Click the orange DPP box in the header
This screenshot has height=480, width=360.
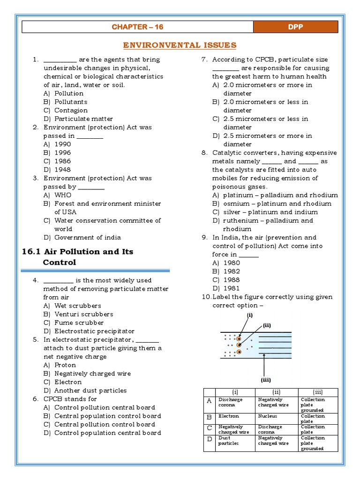[295, 27]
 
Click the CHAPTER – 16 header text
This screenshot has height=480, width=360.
[137, 27]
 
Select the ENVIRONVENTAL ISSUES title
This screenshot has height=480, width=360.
[180, 45]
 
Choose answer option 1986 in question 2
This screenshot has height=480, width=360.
[62, 161]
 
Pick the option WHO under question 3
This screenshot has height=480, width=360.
[63, 195]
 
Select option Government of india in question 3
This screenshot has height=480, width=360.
[87, 237]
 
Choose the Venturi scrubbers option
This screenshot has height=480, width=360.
[83, 314]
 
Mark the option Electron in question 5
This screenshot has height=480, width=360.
[68, 382]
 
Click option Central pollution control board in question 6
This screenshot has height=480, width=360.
[105, 424]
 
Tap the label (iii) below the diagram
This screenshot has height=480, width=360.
[265, 380]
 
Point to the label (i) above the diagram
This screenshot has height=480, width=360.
[250, 315]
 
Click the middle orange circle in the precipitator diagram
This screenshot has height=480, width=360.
[239, 345]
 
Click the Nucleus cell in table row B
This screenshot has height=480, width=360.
[268, 416]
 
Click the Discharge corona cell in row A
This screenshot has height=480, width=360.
[230, 402]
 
